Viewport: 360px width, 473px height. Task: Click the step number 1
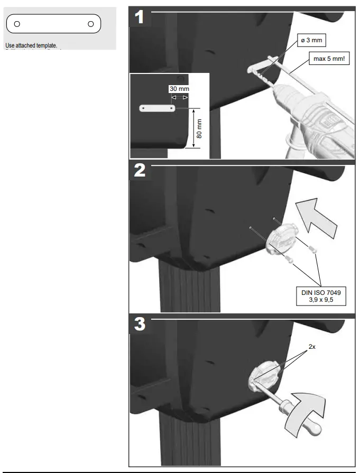click(x=139, y=17)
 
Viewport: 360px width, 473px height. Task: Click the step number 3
click(x=140, y=324)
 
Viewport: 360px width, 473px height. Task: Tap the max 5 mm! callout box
click(x=328, y=59)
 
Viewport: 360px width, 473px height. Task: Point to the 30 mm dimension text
click(x=179, y=89)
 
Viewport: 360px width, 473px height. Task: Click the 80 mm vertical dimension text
click(x=199, y=128)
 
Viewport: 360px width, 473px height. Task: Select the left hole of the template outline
click(x=17, y=24)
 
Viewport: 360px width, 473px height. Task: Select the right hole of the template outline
click(x=91, y=24)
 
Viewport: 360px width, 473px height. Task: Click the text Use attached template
click(x=31, y=46)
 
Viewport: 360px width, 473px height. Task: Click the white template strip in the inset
click(x=158, y=108)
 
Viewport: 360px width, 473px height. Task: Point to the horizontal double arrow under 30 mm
click(x=179, y=98)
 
